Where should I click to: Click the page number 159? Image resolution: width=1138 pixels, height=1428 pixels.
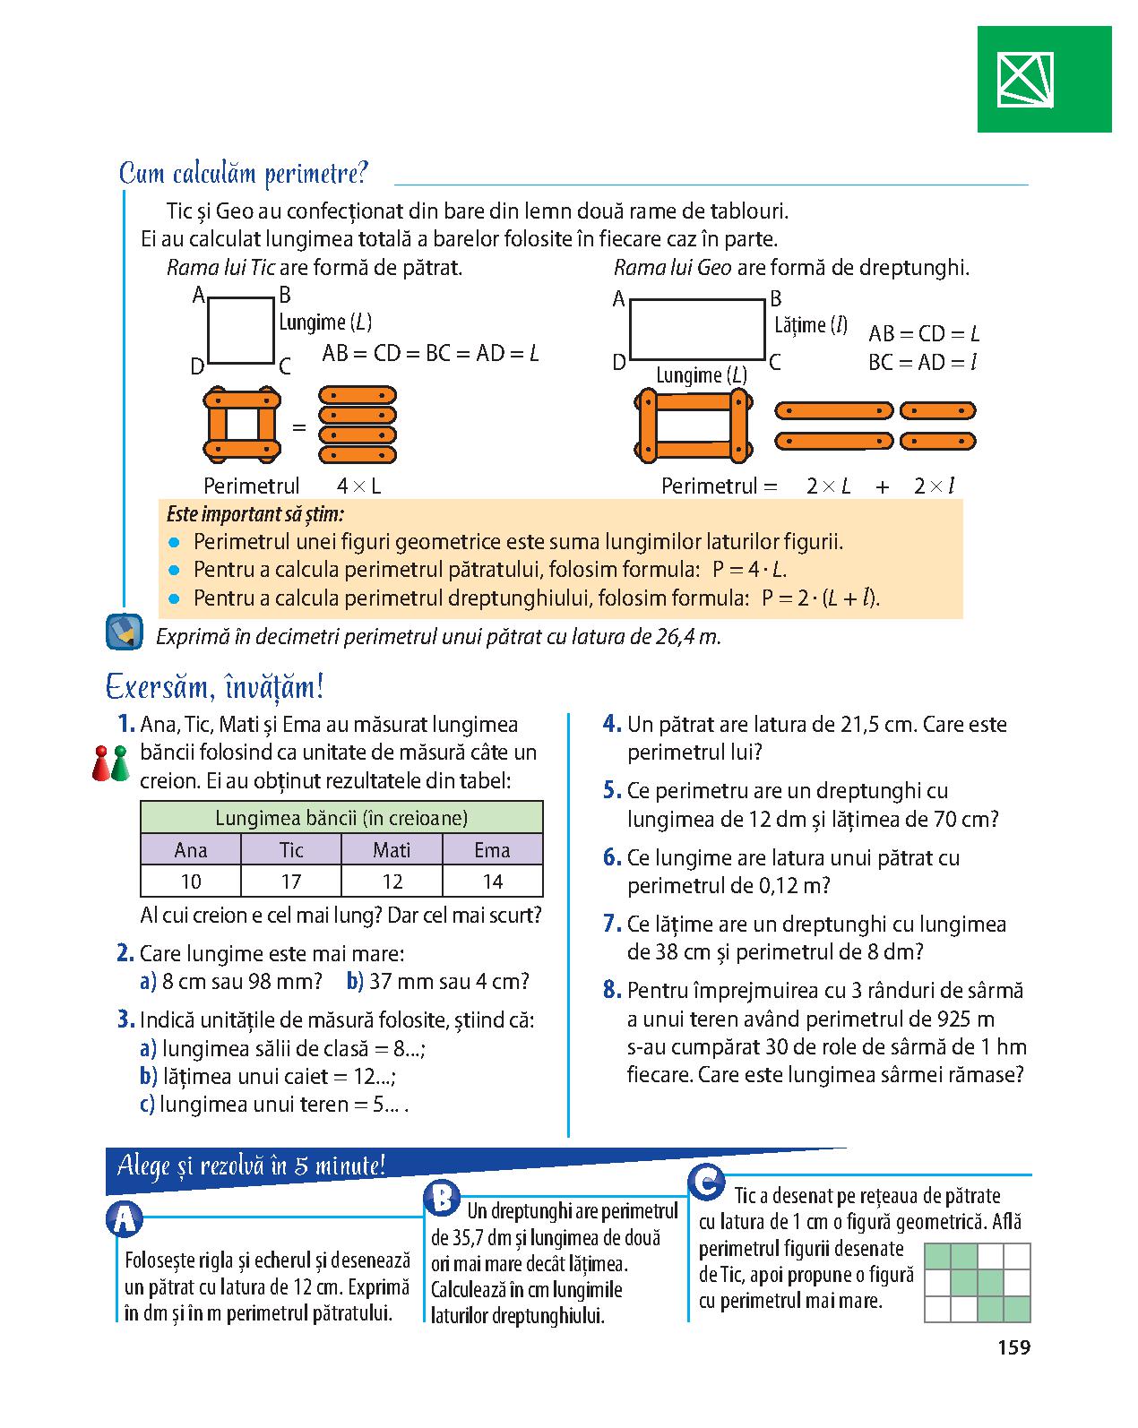(1013, 1347)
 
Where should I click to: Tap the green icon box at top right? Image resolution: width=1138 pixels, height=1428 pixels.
(1044, 79)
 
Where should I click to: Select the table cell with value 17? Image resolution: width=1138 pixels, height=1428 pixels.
(291, 882)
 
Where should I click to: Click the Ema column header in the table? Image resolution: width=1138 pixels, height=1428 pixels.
(492, 849)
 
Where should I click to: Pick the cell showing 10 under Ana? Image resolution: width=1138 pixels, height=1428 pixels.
(191, 882)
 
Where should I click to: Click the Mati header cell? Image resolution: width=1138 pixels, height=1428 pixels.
(392, 849)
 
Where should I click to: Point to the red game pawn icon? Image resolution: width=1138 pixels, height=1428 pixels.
(101, 764)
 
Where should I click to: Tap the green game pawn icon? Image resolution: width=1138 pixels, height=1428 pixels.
(120, 764)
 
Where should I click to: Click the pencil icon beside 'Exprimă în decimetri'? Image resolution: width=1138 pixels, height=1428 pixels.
(125, 632)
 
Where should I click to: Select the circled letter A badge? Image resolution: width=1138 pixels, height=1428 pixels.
(125, 1219)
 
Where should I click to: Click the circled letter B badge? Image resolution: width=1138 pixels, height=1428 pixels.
(442, 1199)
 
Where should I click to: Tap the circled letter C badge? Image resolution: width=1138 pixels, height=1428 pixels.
(706, 1181)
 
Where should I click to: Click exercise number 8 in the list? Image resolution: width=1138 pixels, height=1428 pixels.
(611, 990)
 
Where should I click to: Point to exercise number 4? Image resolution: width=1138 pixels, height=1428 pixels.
(611, 724)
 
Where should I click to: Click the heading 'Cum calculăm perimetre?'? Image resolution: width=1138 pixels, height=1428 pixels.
(243, 174)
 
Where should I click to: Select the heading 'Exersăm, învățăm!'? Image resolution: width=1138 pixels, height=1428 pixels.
(214, 686)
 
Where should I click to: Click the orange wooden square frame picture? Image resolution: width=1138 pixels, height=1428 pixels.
(242, 425)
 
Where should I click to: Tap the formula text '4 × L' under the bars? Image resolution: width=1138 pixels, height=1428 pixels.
(358, 486)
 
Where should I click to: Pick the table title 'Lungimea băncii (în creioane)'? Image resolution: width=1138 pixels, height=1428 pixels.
(341, 818)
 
